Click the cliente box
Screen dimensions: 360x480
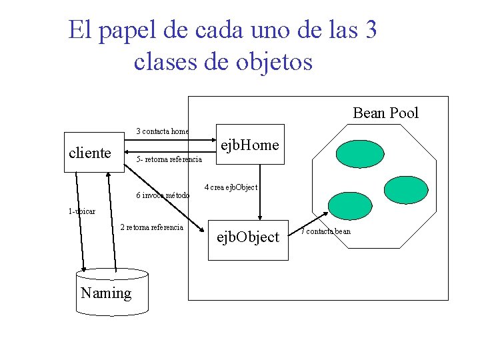coord(91,153)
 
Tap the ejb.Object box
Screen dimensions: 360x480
coord(248,237)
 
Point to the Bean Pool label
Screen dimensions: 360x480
coord(385,113)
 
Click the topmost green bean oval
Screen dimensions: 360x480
coord(359,154)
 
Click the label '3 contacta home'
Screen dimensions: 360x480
coord(163,131)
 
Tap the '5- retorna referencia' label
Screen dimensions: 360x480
coord(169,159)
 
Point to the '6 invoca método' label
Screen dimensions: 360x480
coord(163,195)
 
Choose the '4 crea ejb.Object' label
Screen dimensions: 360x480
coord(231,187)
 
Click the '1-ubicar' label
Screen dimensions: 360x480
coord(81,211)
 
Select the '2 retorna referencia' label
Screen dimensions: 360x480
coord(151,227)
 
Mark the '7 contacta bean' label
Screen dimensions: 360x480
coord(325,231)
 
